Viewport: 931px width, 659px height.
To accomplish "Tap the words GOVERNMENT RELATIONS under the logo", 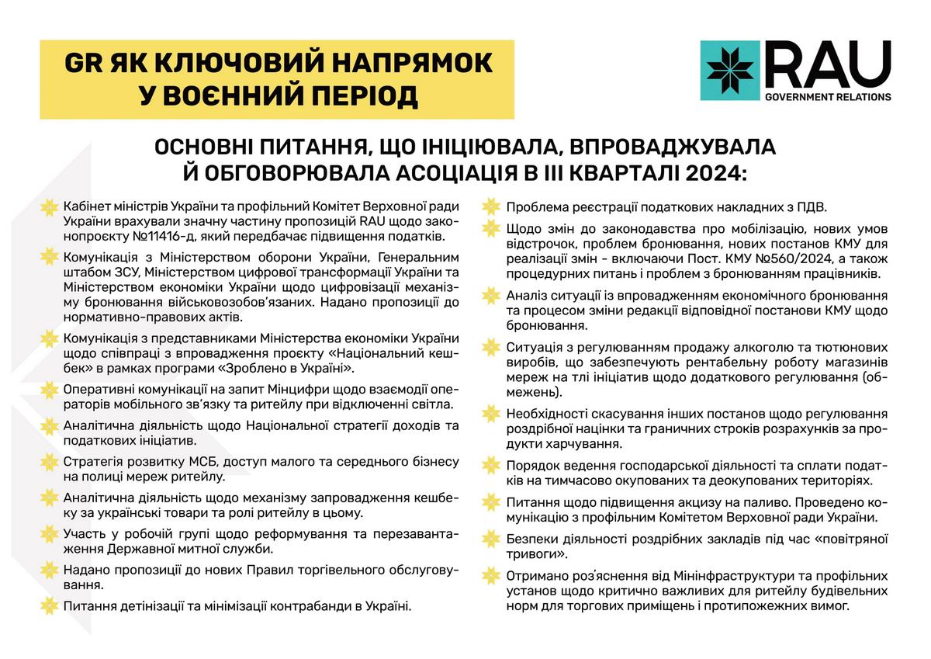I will pos(827,98).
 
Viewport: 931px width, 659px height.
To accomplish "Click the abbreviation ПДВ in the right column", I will pos(808,207).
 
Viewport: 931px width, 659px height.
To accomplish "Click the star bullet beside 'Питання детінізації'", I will pos(50,605).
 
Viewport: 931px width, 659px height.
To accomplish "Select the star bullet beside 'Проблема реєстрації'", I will pos(490,207).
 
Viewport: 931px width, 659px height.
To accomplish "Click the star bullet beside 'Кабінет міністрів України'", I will pos(50,206).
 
